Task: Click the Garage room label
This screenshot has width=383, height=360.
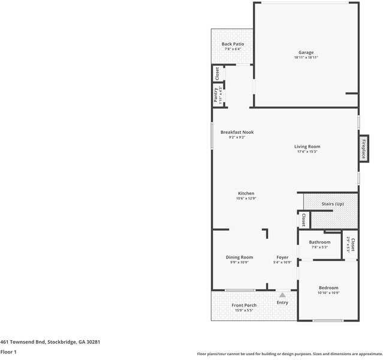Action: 306,53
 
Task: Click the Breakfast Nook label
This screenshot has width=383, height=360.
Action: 237,132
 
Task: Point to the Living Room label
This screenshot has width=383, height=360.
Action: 307,146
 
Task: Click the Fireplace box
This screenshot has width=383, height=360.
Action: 363,149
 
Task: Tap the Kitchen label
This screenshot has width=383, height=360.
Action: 246,193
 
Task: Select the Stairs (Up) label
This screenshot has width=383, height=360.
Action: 333,205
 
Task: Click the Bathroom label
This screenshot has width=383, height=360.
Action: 319,242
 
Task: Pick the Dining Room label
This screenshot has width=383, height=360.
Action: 239,257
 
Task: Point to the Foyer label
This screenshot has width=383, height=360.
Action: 282,257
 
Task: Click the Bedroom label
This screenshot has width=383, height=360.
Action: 328,288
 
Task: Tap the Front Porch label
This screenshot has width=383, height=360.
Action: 244,305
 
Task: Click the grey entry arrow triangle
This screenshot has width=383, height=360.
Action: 282,295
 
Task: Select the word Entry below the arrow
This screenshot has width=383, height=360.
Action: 282,302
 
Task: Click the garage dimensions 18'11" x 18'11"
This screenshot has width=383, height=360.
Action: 306,58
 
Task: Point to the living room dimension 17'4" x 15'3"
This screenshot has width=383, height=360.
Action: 307,152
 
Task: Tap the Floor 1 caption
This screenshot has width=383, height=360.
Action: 8,352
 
